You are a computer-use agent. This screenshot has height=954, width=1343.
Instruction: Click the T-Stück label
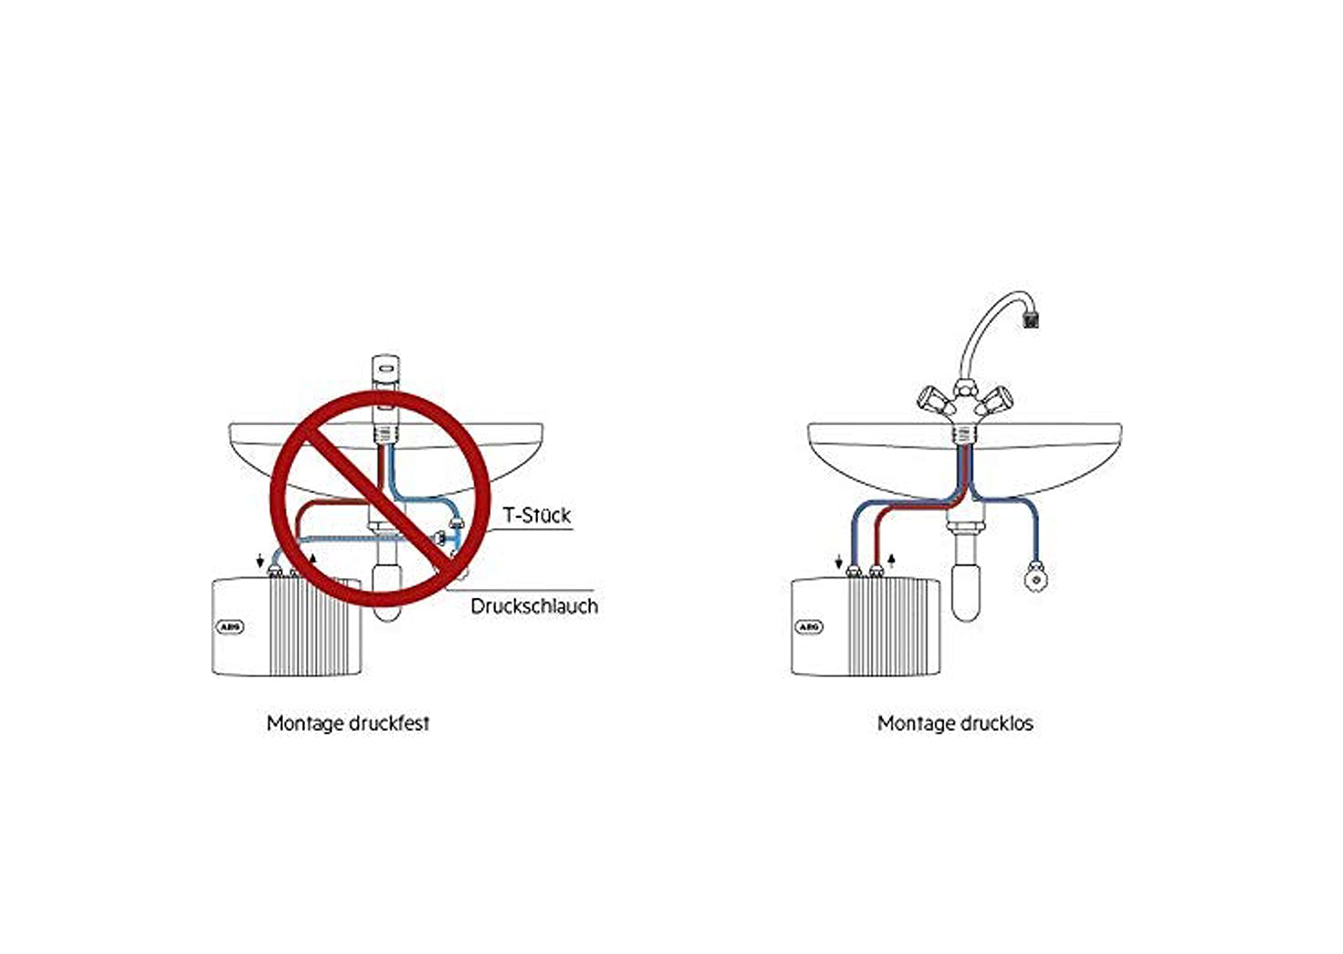click(x=537, y=515)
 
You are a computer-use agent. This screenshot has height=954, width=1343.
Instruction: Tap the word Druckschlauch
click(x=535, y=606)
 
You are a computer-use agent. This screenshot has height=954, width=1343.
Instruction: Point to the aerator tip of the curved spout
click(x=1029, y=320)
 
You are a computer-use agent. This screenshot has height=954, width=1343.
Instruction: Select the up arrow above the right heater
click(x=891, y=561)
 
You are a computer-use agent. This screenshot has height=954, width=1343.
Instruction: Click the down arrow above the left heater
click(x=260, y=561)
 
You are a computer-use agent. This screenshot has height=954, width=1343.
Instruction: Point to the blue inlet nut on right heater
click(x=855, y=570)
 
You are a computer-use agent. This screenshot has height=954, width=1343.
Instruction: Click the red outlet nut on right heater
click(x=876, y=570)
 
